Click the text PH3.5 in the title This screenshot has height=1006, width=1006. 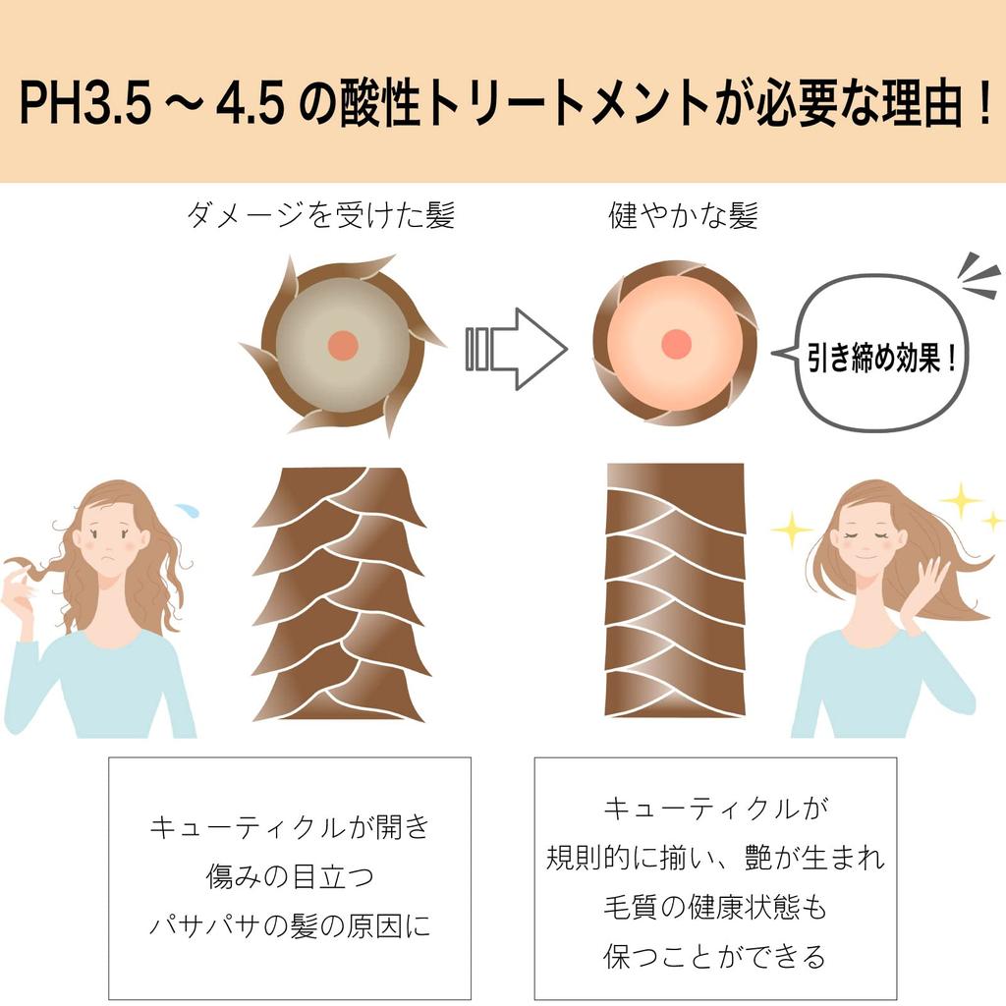point(84,105)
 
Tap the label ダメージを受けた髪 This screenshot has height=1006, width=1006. point(320,215)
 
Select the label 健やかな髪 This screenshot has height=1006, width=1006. point(684,215)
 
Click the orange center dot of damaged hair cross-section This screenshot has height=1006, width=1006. point(342,345)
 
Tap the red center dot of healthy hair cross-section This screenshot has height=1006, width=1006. point(675,344)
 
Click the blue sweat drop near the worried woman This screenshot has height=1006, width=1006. point(187,510)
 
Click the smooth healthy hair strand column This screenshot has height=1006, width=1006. point(675,589)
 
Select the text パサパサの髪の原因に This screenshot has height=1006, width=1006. point(290,924)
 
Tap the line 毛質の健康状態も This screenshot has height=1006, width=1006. point(715,907)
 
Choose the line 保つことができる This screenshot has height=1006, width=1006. point(715,955)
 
